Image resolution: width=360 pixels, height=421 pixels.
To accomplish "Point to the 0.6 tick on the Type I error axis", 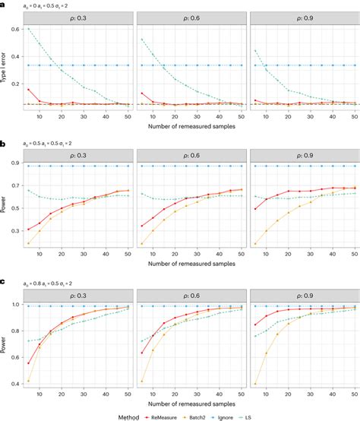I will click(x=17, y=30).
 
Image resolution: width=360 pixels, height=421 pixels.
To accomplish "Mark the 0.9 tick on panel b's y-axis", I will click(x=17, y=161).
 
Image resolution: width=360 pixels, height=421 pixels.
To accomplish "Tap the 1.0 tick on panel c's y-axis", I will click(x=17, y=305).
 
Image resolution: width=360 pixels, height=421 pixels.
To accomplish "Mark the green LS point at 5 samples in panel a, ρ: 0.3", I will click(x=29, y=29).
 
